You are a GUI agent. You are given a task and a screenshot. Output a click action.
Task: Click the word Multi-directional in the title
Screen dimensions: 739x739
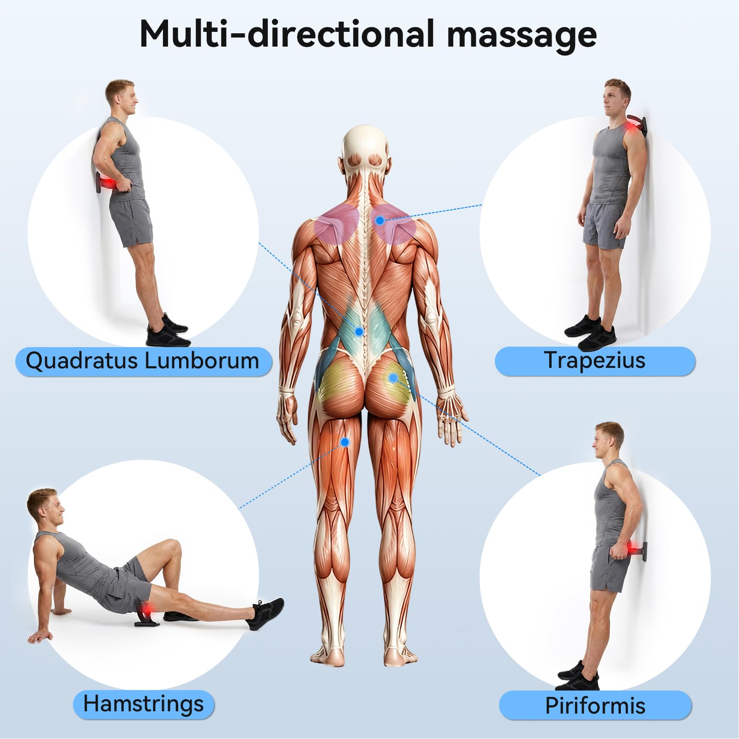tap(286, 34)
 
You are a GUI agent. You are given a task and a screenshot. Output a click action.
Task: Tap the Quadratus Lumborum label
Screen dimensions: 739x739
tap(143, 361)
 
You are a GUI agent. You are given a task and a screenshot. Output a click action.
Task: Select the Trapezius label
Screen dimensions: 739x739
tap(595, 360)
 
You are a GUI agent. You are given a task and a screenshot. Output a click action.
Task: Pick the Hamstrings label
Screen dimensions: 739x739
tap(144, 704)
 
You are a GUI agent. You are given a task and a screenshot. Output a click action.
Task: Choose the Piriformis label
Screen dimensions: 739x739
tap(595, 705)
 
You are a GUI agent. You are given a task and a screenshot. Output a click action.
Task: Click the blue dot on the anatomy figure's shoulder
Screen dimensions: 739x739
tap(379, 221)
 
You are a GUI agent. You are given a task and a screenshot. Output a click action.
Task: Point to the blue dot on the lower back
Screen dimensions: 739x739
tap(359, 331)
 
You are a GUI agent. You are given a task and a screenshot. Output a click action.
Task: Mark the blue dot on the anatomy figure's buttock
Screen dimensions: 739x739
tap(393, 378)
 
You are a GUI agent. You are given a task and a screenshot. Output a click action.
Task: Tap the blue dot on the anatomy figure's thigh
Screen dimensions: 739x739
tap(345, 442)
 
